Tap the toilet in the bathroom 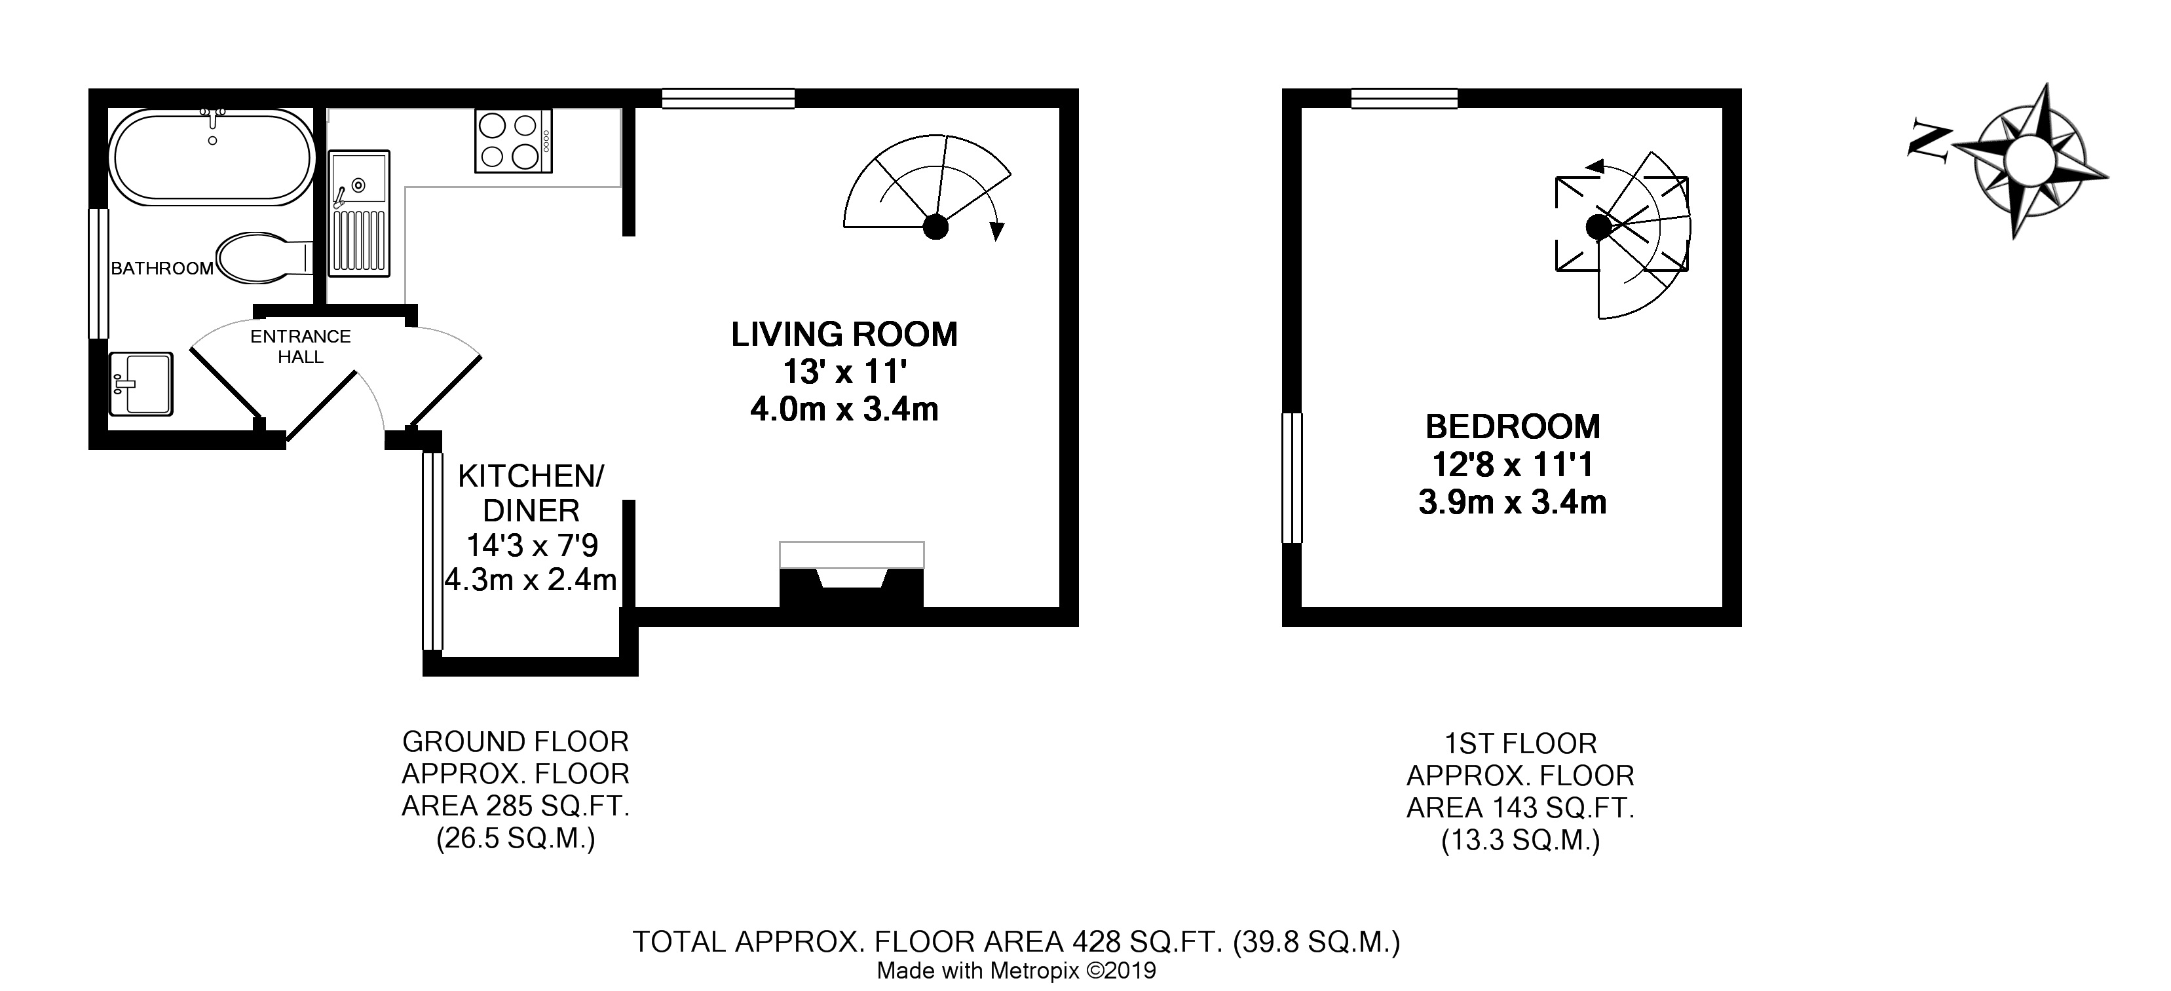tap(264, 257)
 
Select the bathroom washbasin tap(141, 383)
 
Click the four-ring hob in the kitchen tap(513, 141)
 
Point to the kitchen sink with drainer tap(359, 214)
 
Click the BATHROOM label tap(162, 269)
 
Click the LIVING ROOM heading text tap(844, 335)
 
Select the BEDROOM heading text tap(1513, 426)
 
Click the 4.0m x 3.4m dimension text tap(844, 409)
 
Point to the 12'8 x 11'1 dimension tap(1513, 464)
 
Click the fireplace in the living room tap(851, 574)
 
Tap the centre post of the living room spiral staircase tap(935, 227)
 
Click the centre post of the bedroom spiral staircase tap(1598, 226)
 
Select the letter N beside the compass tap(1931, 153)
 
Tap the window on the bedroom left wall tap(1292, 477)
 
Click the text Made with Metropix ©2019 tap(1017, 971)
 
